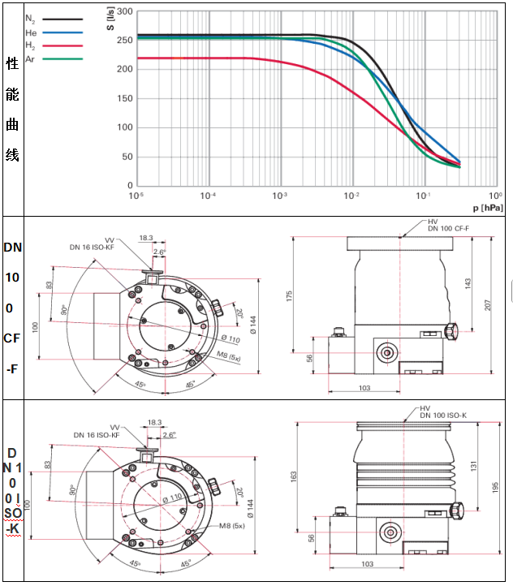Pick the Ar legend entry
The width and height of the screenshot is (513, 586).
click(x=31, y=59)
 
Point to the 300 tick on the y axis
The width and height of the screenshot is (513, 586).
click(x=123, y=12)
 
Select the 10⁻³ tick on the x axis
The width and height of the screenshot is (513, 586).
click(x=280, y=195)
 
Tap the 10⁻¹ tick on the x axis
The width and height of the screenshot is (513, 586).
click(x=424, y=195)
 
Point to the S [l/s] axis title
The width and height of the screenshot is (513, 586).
click(x=110, y=20)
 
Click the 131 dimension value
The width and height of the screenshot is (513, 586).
click(x=472, y=468)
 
